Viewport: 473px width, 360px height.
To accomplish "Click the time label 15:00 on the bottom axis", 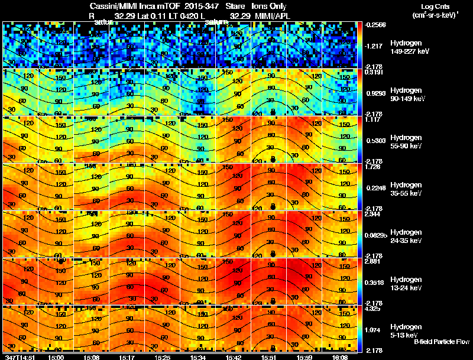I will pyautogui.click(x=56, y=356).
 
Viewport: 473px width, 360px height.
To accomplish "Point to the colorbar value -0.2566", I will pyautogui.click(x=375, y=25).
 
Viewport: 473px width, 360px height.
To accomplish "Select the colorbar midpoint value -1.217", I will pyautogui.click(x=374, y=45).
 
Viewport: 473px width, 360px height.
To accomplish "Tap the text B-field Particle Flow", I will pyautogui.click(x=441, y=341).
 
